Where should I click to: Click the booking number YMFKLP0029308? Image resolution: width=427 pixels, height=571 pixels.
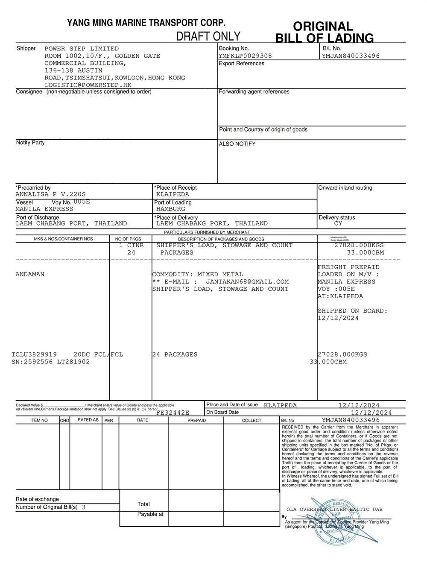pos(245,56)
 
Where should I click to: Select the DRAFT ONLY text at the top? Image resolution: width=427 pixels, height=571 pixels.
pos(208,36)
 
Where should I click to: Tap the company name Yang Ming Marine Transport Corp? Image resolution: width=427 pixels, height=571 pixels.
pos(146,23)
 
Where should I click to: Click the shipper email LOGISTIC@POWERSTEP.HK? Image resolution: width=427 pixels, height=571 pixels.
pos(88,85)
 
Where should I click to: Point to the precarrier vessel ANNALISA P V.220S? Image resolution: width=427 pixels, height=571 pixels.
pos(50,194)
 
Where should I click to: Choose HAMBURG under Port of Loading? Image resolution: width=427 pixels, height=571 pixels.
pos(171,209)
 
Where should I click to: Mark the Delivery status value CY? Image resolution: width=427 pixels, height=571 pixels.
pos(338,223)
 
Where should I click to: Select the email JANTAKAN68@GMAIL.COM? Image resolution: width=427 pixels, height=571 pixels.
pos(247,282)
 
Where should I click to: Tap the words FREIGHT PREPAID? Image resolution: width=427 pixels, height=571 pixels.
pos(348,267)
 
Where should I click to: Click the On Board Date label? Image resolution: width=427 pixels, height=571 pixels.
pos(222,413)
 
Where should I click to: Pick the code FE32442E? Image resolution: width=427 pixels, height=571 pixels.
pos(173,413)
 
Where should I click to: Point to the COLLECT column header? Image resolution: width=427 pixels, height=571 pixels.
pos(252,420)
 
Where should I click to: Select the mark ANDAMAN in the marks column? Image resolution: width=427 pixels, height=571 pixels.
pos(30,275)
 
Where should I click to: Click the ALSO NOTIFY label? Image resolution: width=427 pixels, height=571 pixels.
pos(237,144)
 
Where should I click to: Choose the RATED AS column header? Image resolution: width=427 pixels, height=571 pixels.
pos(88,420)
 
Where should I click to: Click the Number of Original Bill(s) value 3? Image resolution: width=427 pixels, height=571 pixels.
pos(84,507)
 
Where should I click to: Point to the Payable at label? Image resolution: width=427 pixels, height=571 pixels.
pos(150,514)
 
